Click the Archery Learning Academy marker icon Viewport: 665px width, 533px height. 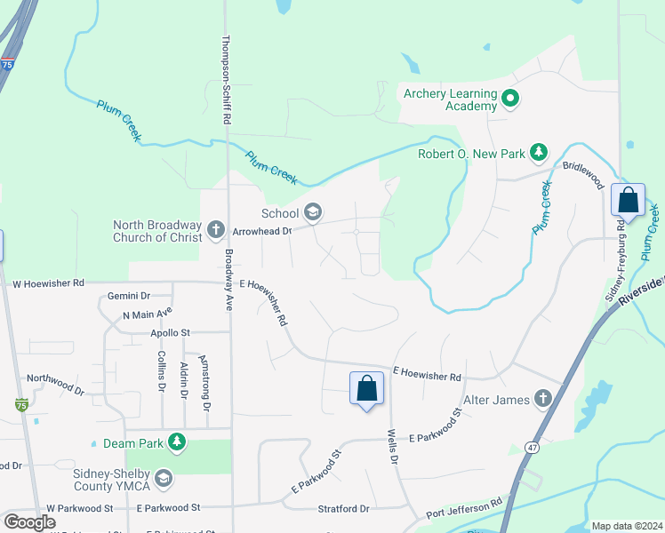pyautogui.click(x=510, y=99)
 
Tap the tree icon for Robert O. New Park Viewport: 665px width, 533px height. pyautogui.click(x=538, y=153)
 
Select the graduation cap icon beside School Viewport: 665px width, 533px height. pyautogui.click(x=312, y=212)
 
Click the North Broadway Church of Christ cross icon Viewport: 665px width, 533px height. pyautogui.click(x=215, y=231)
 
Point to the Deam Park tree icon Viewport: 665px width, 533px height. pyautogui.click(x=177, y=441)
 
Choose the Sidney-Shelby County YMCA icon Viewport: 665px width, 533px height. pyautogui.click(x=163, y=480)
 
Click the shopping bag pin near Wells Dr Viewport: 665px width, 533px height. pyautogui.click(x=366, y=389)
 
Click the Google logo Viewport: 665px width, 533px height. pyautogui.click(x=30, y=522)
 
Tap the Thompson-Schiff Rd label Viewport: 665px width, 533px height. pyautogui.click(x=227, y=79)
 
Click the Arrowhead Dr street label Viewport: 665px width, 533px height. pyautogui.click(x=262, y=231)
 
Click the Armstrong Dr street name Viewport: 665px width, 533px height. pyautogui.click(x=206, y=381)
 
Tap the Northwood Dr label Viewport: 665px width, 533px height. pyautogui.click(x=55, y=384)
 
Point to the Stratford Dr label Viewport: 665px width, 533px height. pyautogui.click(x=343, y=509)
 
